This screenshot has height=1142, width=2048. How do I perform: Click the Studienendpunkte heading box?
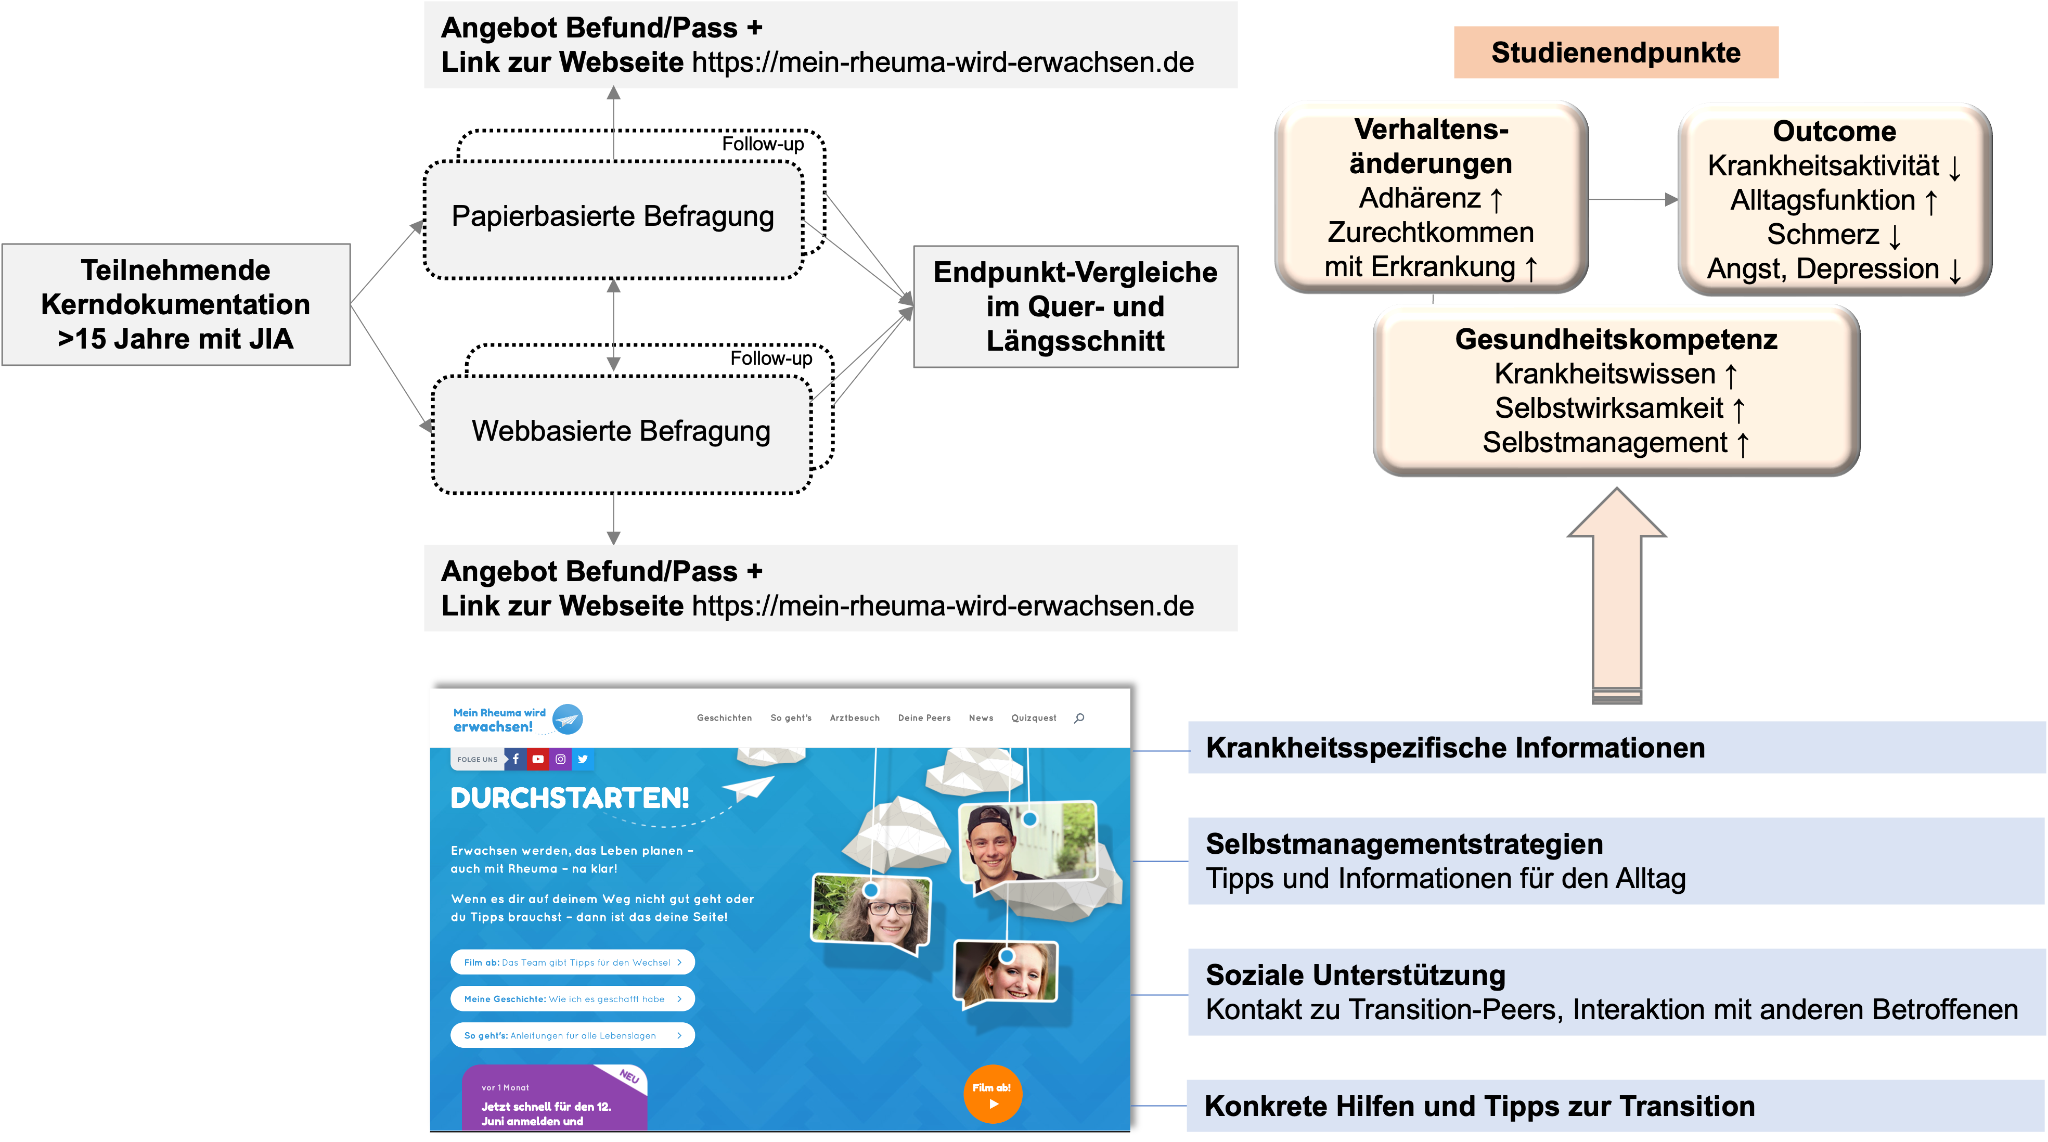pyautogui.click(x=1616, y=53)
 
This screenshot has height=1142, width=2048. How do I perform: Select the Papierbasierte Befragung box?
pyautogui.click(x=613, y=217)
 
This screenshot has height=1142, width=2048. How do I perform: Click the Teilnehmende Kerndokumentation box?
pyautogui.click(x=176, y=304)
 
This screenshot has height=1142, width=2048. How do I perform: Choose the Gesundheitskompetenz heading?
pyautogui.click(x=1616, y=340)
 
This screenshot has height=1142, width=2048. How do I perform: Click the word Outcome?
pyautogui.click(x=1834, y=131)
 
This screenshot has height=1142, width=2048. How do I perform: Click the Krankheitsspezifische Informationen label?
pyautogui.click(x=1455, y=748)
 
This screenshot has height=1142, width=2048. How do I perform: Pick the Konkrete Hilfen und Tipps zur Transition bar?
pyautogui.click(x=1479, y=1106)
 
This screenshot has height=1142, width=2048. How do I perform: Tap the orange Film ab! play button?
pyautogui.click(x=992, y=1094)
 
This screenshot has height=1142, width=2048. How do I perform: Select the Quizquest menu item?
pyautogui.click(x=1034, y=718)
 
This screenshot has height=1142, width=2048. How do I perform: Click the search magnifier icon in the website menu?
pyautogui.click(x=1079, y=718)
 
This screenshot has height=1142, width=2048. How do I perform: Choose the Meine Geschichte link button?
pyautogui.click(x=572, y=999)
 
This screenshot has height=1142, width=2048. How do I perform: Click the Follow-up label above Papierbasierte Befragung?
pyautogui.click(x=763, y=144)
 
